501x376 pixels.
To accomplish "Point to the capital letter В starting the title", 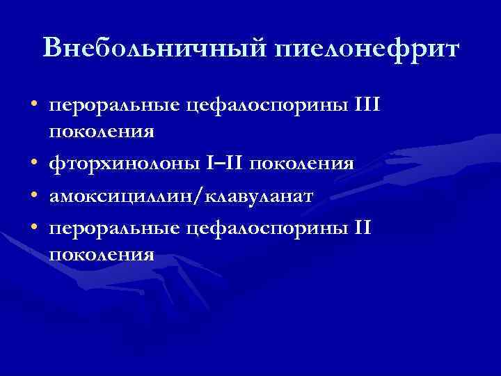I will pos(54,48).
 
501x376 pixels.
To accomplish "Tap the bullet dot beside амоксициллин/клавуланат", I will pos(34,196).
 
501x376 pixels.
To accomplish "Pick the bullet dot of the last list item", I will pos(34,226).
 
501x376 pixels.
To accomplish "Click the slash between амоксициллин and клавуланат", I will pos(207,196).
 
